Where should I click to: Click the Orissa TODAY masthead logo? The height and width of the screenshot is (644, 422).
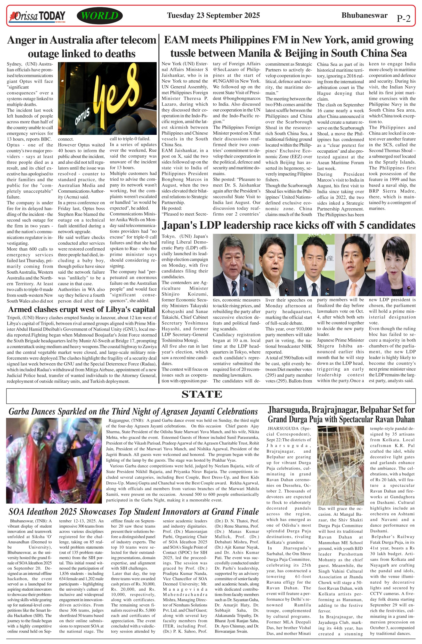pyautogui.click(x=37, y=16)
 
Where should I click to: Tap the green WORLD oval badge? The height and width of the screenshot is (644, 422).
pyautogui.click(x=99, y=16)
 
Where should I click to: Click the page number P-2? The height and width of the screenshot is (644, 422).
pyautogui.click(x=403, y=18)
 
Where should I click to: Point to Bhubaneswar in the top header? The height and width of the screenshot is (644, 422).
pyautogui.click(x=364, y=15)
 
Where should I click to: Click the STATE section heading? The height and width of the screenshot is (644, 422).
pyautogui.click(x=202, y=394)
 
